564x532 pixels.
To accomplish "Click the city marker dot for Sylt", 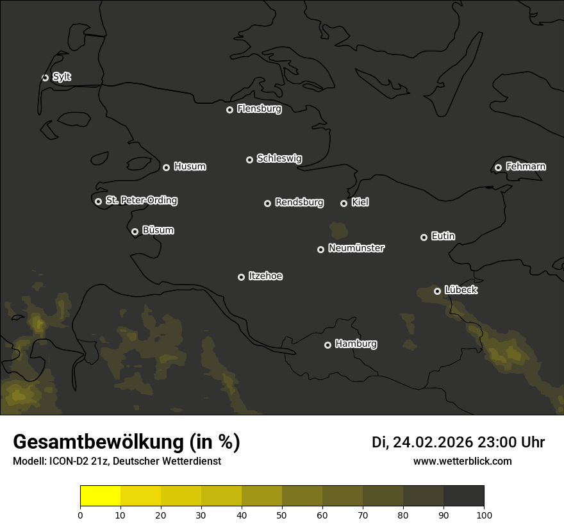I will coord(45,78).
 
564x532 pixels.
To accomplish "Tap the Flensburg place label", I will coord(259,109).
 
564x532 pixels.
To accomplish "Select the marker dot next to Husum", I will coord(166,167).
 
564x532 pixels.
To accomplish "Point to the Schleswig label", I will coord(279,158).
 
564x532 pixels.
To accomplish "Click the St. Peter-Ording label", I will coord(141,201).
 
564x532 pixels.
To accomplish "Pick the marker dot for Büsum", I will coord(135,232).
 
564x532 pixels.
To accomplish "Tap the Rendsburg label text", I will coord(299,203).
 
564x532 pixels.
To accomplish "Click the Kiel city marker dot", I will coord(344,203).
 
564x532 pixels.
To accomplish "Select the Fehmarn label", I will coord(526,167).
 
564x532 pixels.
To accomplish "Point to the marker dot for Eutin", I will coord(424,237).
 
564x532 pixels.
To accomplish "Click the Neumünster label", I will coord(356,248).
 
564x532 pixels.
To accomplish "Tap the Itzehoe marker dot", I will coord(241,277).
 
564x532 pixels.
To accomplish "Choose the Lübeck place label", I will coord(461,290).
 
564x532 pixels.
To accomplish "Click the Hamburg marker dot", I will coord(328,345).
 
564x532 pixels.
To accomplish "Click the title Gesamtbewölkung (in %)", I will coord(126,442).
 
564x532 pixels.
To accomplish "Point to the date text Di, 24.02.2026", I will coord(422,442).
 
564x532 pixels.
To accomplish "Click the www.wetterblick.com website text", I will coord(462,461).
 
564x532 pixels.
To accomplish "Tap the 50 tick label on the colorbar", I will coord(282,515).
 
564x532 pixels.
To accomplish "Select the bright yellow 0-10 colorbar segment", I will coord(100,496).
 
